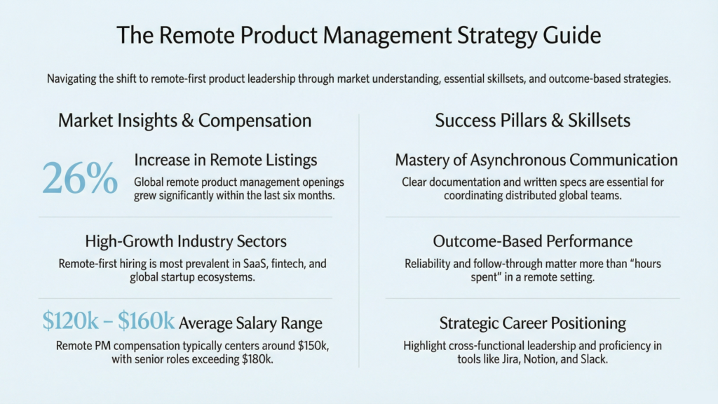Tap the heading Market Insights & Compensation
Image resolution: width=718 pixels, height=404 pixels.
click(184, 121)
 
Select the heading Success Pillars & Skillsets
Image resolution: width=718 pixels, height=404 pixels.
click(532, 121)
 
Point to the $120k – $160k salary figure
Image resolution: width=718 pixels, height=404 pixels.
click(108, 322)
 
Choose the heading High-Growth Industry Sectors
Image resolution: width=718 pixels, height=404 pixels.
click(185, 242)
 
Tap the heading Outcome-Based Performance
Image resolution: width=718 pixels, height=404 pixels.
click(532, 242)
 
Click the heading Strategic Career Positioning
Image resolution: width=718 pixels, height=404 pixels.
click(532, 323)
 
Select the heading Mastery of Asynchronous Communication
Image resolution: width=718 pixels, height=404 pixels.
click(536, 160)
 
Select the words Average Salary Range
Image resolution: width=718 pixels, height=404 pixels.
click(251, 323)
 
